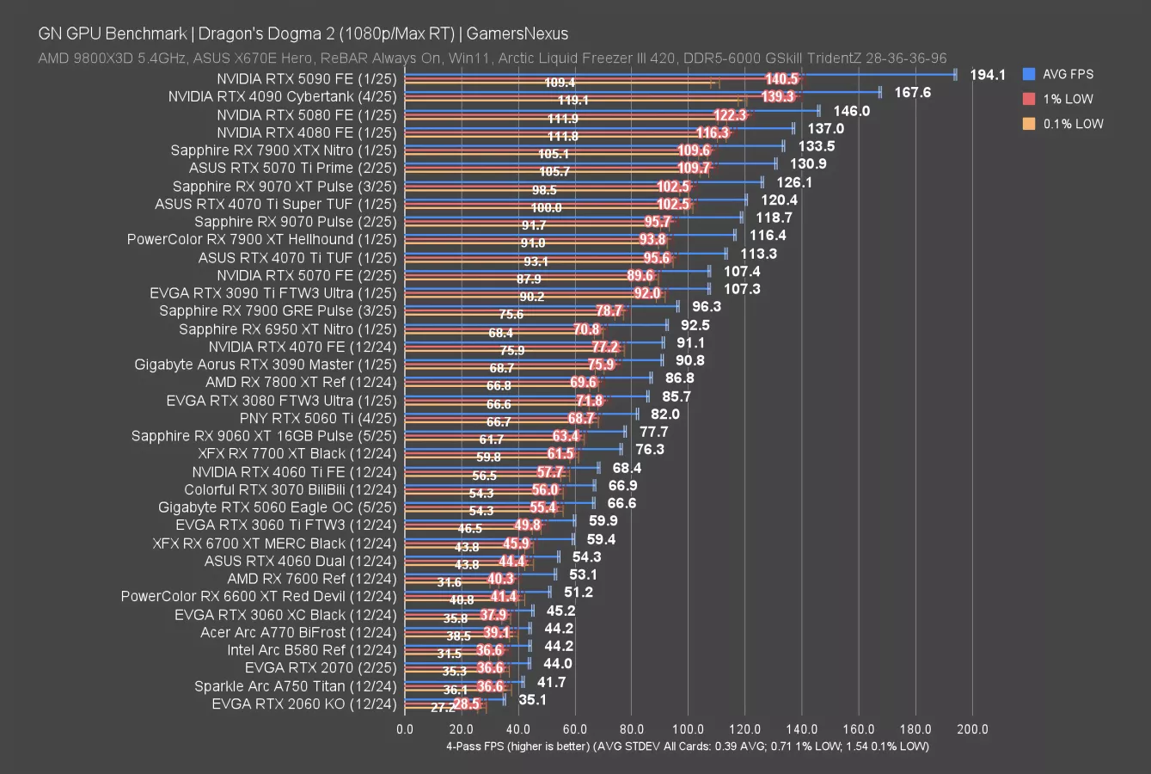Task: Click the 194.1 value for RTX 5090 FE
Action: pos(987,75)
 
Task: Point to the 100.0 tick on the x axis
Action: pos(689,729)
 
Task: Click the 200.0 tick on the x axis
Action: pos(972,729)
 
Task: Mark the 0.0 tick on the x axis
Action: pos(405,729)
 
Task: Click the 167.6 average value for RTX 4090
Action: pos(912,92)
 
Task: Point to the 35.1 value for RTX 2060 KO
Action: pos(533,700)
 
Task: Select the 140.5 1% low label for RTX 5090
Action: pos(781,79)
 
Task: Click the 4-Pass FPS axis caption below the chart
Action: pos(687,746)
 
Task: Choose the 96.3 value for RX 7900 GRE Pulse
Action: pos(706,306)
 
